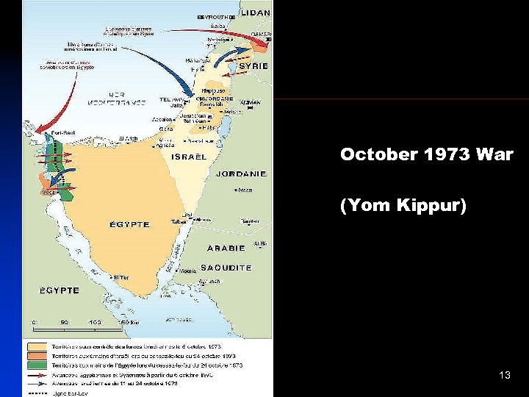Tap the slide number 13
(504, 376)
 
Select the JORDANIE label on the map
(241, 174)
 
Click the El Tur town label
(120, 277)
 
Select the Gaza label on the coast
(166, 129)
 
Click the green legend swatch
(37, 365)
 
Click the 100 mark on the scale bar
(95, 322)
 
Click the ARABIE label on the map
(226, 248)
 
